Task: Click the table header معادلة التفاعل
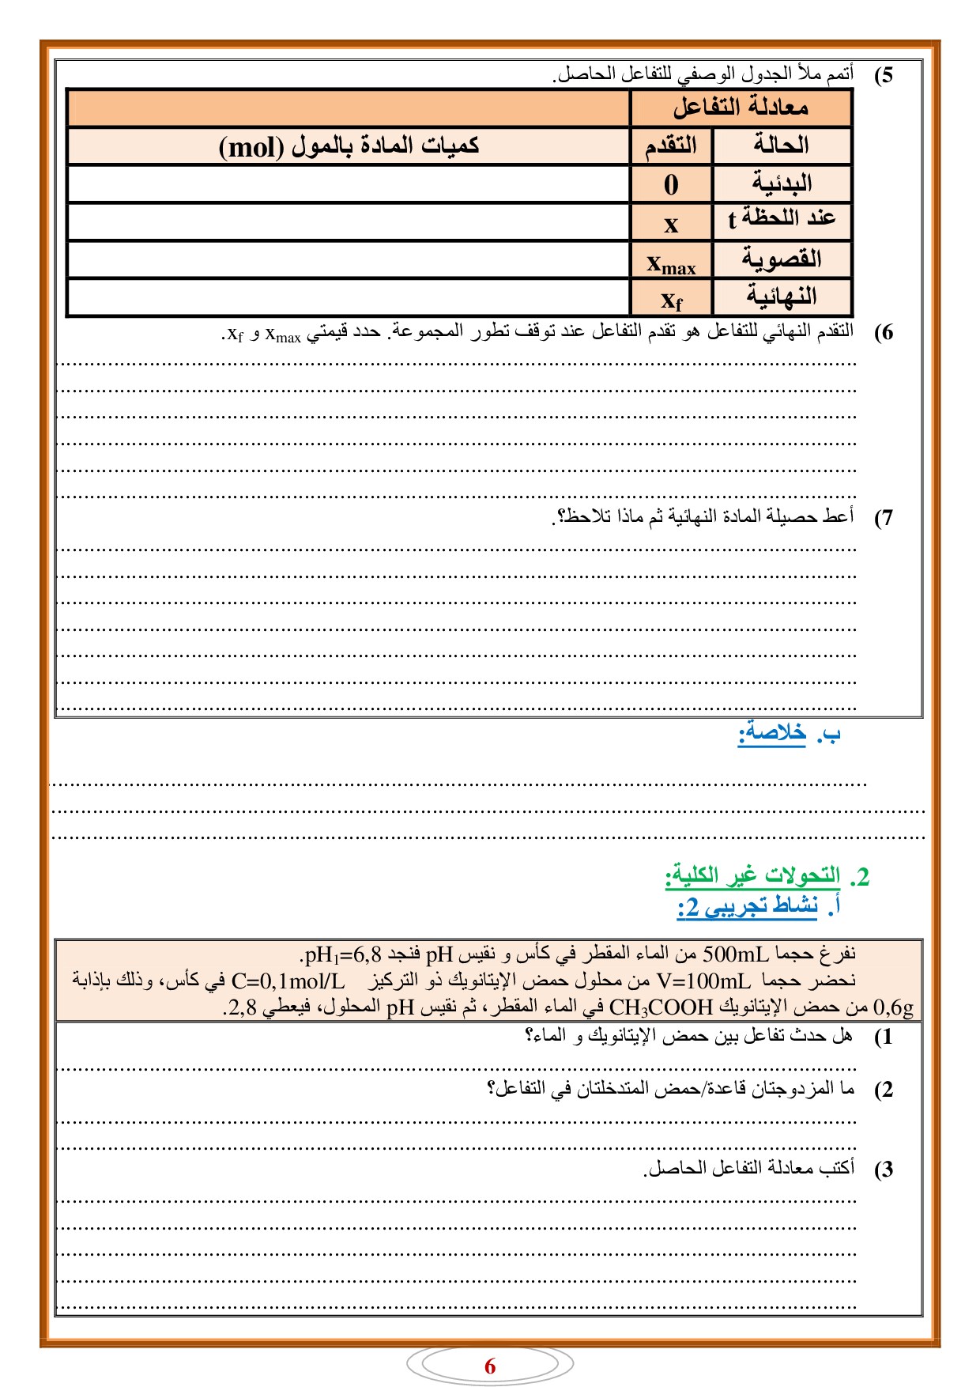741,108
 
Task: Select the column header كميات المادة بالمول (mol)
349,146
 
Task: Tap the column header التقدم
671,146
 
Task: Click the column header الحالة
781,146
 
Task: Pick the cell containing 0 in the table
671,185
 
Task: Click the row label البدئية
781,184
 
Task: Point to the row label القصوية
781,259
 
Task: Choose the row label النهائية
781,297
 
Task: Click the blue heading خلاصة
772,734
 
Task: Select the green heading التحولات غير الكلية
752,875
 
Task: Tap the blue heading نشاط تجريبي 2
748,906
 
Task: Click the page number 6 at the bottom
490,1366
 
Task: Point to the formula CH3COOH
661,1008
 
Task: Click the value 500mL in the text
736,954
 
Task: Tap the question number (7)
884,518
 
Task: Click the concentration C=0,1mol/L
288,981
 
